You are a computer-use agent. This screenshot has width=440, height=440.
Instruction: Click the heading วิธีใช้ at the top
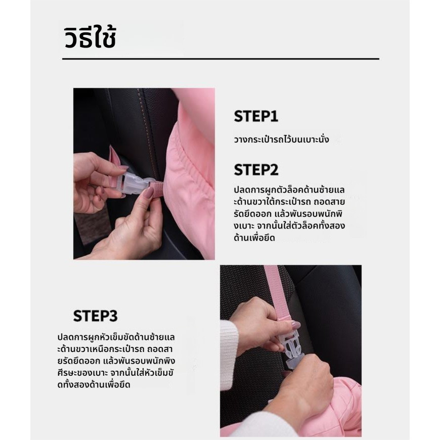pyautogui.click(x=90, y=38)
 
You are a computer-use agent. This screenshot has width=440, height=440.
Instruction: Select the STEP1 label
pyautogui.click(x=256, y=116)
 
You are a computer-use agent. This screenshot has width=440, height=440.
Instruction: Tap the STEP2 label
pyautogui.click(x=256, y=170)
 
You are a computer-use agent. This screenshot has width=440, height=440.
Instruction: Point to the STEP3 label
pyautogui.click(x=95, y=316)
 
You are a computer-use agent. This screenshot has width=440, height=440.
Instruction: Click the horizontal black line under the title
pyautogui.click(x=221, y=59)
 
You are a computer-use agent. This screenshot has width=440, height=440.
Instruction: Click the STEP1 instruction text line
pyautogui.click(x=282, y=140)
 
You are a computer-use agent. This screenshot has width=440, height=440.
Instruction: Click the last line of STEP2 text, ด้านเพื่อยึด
pyautogui.click(x=254, y=238)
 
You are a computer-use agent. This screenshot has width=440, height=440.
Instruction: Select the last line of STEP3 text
pyautogui.click(x=94, y=384)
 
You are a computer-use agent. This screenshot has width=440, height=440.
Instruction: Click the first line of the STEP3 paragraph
pyautogui.click(x=116, y=337)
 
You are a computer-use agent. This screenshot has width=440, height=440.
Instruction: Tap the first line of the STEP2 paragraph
pyautogui.click(x=289, y=190)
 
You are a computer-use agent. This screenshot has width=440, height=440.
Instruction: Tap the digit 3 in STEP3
pyautogui.click(x=113, y=316)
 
